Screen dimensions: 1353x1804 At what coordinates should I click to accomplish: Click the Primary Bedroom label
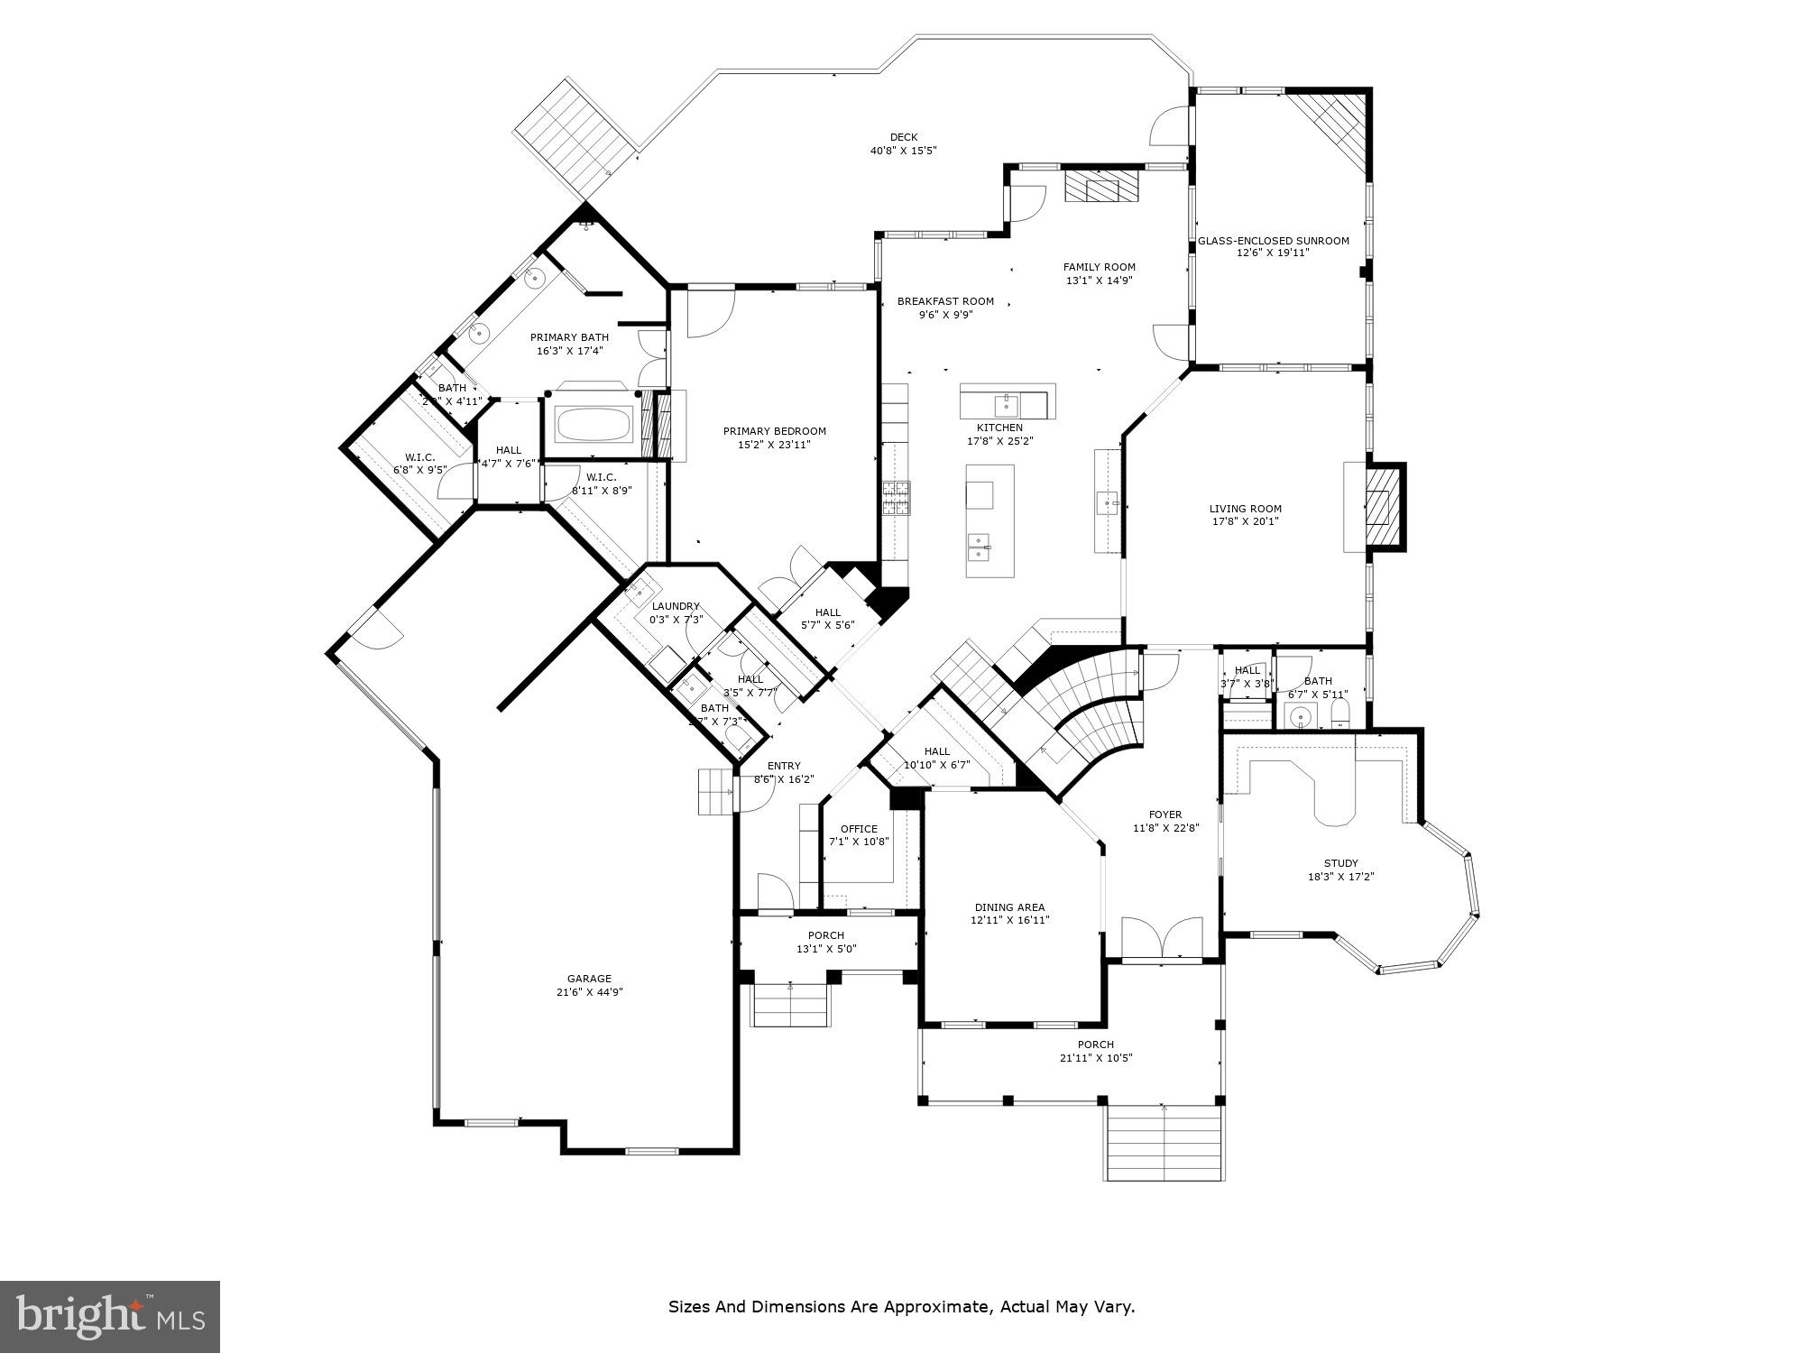(x=774, y=431)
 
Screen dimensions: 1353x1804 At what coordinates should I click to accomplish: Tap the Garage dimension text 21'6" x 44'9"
(x=589, y=992)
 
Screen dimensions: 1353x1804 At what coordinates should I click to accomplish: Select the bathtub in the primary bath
(x=594, y=424)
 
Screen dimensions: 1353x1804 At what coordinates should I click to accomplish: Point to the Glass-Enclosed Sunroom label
(x=1273, y=241)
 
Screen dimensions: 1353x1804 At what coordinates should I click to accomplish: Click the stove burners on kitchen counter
(x=896, y=498)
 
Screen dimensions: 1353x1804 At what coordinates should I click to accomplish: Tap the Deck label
(x=903, y=137)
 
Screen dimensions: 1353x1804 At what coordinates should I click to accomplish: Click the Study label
(x=1340, y=863)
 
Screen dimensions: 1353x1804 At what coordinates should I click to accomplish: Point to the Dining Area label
(x=1009, y=907)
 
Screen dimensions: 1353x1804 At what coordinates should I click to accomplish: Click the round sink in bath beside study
(x=1299, y=718)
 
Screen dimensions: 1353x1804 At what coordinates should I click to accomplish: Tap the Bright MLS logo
(x=110, y=1317)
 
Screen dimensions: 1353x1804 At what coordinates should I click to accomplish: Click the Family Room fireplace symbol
(x=1101, y=189)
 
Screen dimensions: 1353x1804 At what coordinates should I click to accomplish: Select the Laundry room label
(x=676, y=606)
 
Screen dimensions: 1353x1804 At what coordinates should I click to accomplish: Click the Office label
(x=858, y=829)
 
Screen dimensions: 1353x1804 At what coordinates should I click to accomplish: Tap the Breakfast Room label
(x=945, y=301)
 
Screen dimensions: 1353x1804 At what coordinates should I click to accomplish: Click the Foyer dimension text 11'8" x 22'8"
(x=1165, y=828)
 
